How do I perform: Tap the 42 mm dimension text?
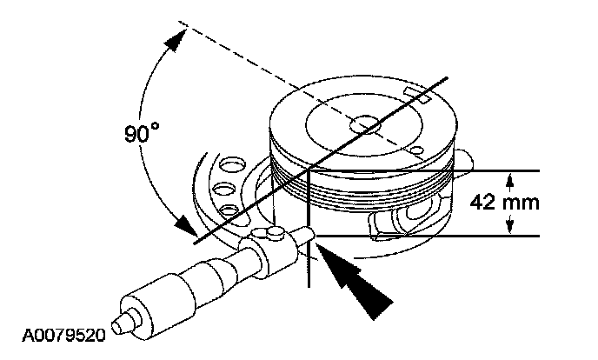(504, 202)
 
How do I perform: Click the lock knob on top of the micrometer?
(272, 232)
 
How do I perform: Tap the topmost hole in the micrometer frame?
(231, 163)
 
